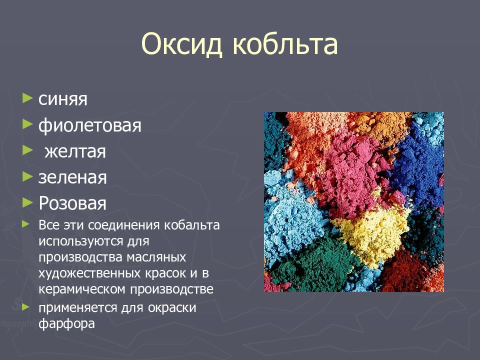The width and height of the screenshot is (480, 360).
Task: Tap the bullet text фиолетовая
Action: [90, 125]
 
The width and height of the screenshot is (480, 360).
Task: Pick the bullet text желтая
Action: [74, 151]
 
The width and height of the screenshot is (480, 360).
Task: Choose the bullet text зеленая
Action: [72, 177]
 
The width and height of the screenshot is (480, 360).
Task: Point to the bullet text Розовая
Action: [72, 203]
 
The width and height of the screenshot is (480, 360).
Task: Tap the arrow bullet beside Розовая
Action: [27, 201]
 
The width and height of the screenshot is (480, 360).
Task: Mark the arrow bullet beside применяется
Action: [26, 306]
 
